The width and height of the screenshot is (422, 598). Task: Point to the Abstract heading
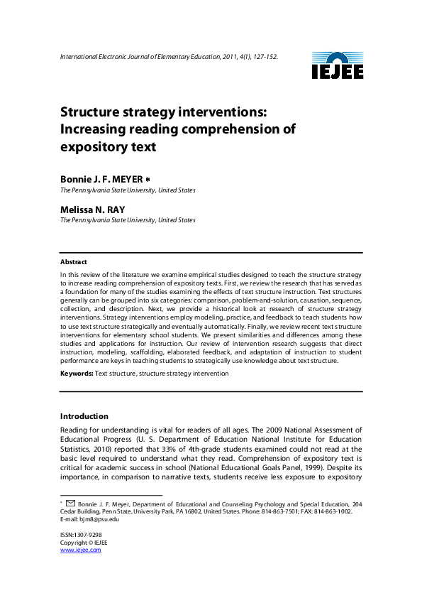(74, 262)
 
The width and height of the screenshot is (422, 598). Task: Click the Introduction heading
(84, 416)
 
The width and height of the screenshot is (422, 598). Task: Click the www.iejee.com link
(80, 550)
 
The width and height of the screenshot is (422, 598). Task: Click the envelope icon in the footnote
(70, 503)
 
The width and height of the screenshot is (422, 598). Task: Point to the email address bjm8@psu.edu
(101, 518)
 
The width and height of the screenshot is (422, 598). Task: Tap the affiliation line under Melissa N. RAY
(128, 220)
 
